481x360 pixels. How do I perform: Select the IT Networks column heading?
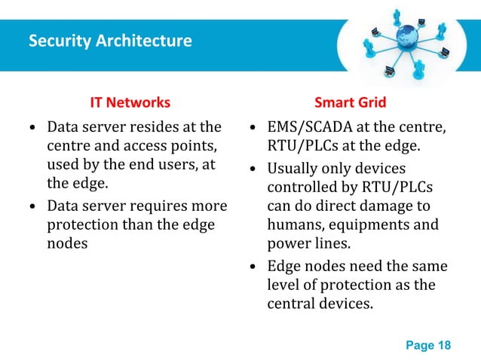pyautogui.click(x=130, y=102)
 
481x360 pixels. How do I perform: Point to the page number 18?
pyautogui.click(x=443, y=346)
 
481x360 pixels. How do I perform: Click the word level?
pyautogui.click(x=282, y=285)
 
